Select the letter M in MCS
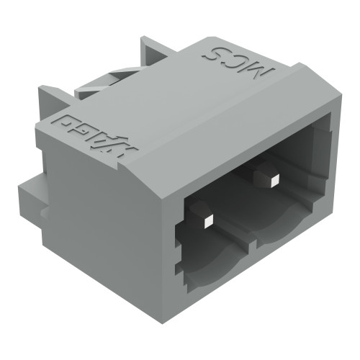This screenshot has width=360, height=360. click(x=264, y=73)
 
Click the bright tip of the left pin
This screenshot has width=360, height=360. click(x=204, y=217)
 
